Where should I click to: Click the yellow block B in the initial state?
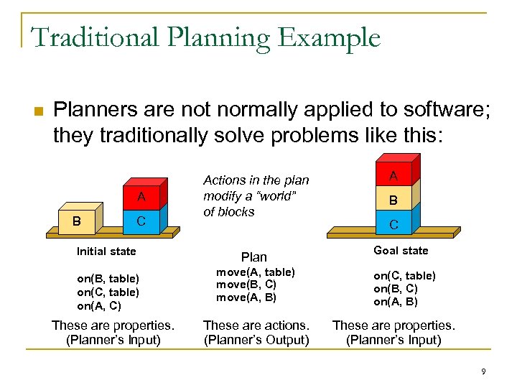coord(75,221)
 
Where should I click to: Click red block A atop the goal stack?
coord(393,175)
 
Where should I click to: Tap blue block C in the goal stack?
coord(393,224)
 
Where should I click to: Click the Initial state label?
coord(106,251)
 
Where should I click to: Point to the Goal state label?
coord(401,251)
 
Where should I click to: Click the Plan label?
coord(253,257)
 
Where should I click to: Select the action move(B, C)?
coord(247,285)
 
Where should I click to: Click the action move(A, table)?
coord(255,272)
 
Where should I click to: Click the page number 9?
coord(484,371)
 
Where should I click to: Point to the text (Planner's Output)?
coord(256,340)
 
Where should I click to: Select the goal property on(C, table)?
coord(404,276)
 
